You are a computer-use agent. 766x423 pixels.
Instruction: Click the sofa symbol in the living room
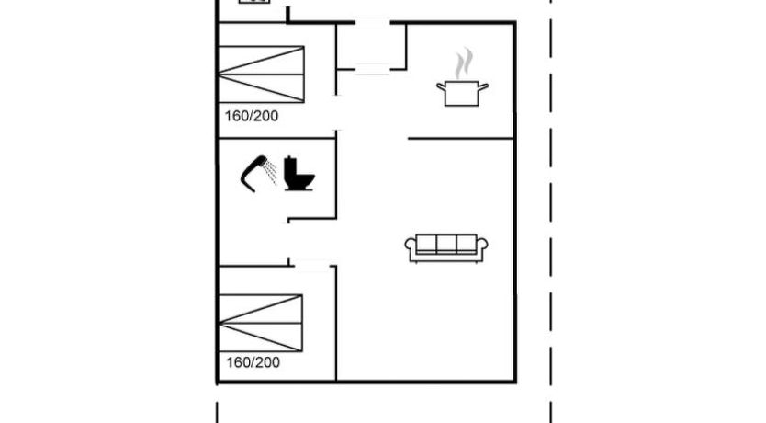click(x=446, y=248)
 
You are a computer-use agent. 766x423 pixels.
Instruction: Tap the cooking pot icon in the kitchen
click(x=462, y=94)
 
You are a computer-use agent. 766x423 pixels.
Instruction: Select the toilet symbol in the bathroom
click(x=299, y=173)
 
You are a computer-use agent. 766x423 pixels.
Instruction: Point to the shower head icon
click(x=253, y=174)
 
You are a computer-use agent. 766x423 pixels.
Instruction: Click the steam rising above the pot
click(x=464, y=63)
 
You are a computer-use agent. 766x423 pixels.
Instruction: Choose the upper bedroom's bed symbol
click(x=262, y=74)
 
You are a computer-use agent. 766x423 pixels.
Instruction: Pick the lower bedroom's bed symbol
click(x=260, y=323)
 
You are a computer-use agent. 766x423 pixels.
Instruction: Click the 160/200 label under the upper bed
click(x=252, y=116)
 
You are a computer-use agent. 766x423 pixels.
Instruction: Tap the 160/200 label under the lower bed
click(x=253, y=362)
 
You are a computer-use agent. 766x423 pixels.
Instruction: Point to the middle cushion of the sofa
click(x=446, y=243)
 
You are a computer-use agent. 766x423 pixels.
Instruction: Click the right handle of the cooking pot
click(x=483, y=87)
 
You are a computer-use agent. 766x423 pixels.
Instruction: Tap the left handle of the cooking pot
click(x=442, y=87)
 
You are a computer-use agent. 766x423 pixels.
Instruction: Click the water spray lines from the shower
click(x=270, y=173)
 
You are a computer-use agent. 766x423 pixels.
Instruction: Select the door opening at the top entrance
click(x=372, y=22)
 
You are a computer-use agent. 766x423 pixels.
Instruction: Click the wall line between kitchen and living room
click(x=461, y=139)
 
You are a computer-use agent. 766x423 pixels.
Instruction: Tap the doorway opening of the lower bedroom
click(x=311, y=266)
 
